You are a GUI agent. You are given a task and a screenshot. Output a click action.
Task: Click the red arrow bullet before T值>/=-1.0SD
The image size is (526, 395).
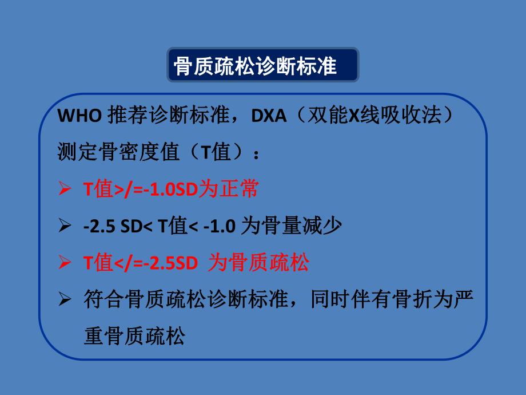(65, 189)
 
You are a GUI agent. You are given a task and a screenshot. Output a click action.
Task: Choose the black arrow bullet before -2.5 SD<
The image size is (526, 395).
(65, 226)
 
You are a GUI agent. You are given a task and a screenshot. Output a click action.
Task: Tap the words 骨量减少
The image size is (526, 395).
(313, 226)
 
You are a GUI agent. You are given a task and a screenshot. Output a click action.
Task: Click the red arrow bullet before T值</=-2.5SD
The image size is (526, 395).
(65, 263)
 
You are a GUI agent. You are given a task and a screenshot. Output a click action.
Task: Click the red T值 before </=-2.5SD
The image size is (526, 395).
(97, 263)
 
